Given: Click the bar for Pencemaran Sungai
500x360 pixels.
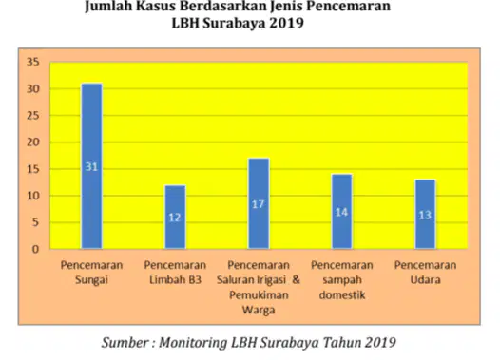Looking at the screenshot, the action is point(92,166).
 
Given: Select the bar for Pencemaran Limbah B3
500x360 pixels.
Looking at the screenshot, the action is point(175,217).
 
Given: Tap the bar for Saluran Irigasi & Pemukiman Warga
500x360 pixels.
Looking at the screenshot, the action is point(259,203).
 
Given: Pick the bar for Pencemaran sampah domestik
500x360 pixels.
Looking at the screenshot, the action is point(342,212).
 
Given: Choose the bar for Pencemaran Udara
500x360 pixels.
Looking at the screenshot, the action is point(425,214).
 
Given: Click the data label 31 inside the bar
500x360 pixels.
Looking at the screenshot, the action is point(91,166).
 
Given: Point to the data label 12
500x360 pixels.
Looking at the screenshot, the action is point(175,218).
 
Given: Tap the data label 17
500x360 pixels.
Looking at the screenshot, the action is point(258,204).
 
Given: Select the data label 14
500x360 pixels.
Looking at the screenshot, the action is point(341,212).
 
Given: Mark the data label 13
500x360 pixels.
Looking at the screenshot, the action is point(425,215).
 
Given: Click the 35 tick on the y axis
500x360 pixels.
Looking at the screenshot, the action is point(33,62).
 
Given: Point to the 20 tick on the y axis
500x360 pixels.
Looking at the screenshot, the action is point(33,142).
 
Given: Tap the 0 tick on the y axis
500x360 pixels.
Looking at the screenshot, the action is point(36,249).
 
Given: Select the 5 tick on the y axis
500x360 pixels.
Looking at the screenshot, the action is point(36,222).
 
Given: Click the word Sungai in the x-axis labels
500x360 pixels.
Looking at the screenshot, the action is point(91,280).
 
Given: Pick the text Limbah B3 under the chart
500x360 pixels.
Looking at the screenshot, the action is point(175,279).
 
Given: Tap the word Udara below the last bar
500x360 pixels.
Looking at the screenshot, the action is point(426,279).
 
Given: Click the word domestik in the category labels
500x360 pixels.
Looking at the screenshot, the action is point(342,294).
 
